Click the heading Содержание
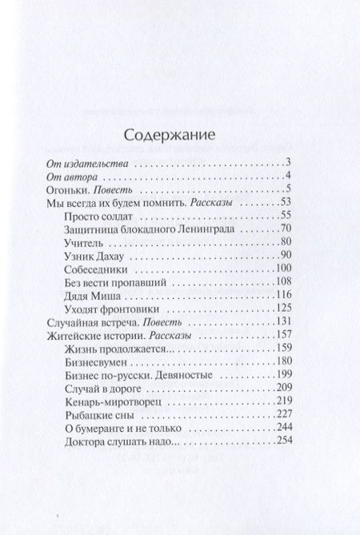coord(179,135)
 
